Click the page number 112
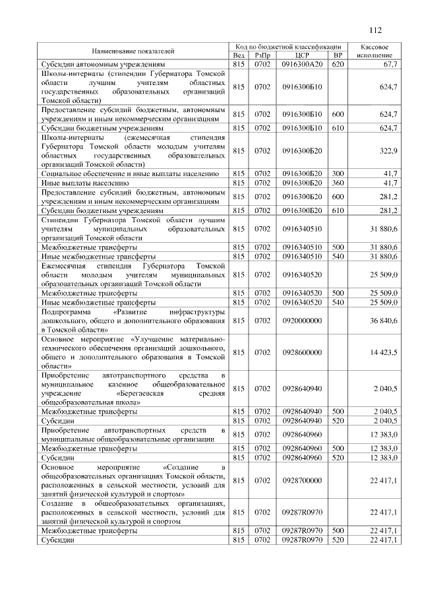click(x=376, y=30)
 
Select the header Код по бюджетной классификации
click(x=288, y=47)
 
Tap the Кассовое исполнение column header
click(x=375, y=51)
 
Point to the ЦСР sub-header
click(x=303, y=55)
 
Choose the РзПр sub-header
click(x=262, y=55)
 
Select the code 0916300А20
click(x=303, y=65)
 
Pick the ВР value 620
click(x=338, y=65)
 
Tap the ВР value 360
click(x=338, y=183)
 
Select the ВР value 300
click(x=338, y=173)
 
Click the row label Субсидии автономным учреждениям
click(x=102, y=65)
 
